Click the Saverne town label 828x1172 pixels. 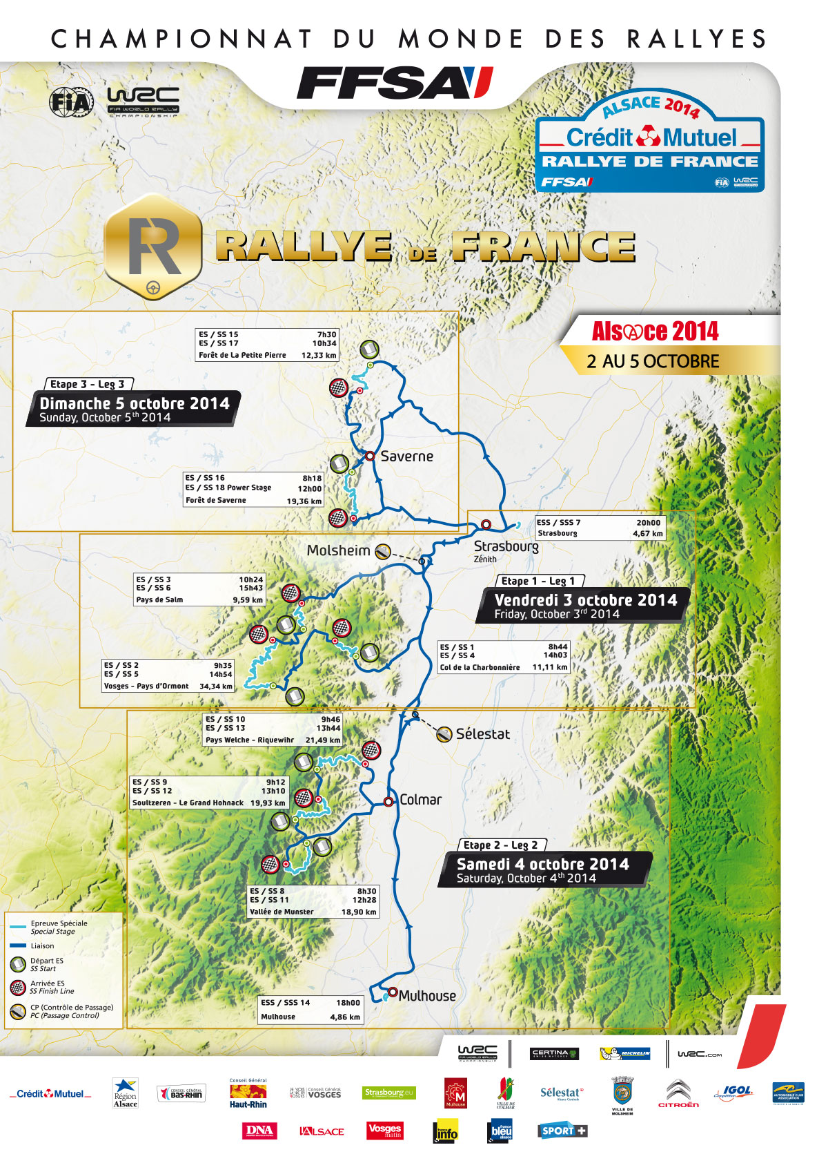point(406,457)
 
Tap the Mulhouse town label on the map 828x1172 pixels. point(427,996)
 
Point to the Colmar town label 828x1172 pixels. point(420,800)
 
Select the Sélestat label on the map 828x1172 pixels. point(482,734)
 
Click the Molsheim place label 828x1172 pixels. point(338,551)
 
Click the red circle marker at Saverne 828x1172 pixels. point(370,456)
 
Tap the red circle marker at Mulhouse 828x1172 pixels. point(393,992)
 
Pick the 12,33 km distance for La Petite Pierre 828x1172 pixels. point(319,356)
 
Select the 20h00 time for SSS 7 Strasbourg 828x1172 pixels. point(648,523)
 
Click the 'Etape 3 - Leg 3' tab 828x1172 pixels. point(88,385)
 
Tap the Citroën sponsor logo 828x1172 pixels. point(678,1094)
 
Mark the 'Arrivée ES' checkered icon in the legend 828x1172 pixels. point(18,988)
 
